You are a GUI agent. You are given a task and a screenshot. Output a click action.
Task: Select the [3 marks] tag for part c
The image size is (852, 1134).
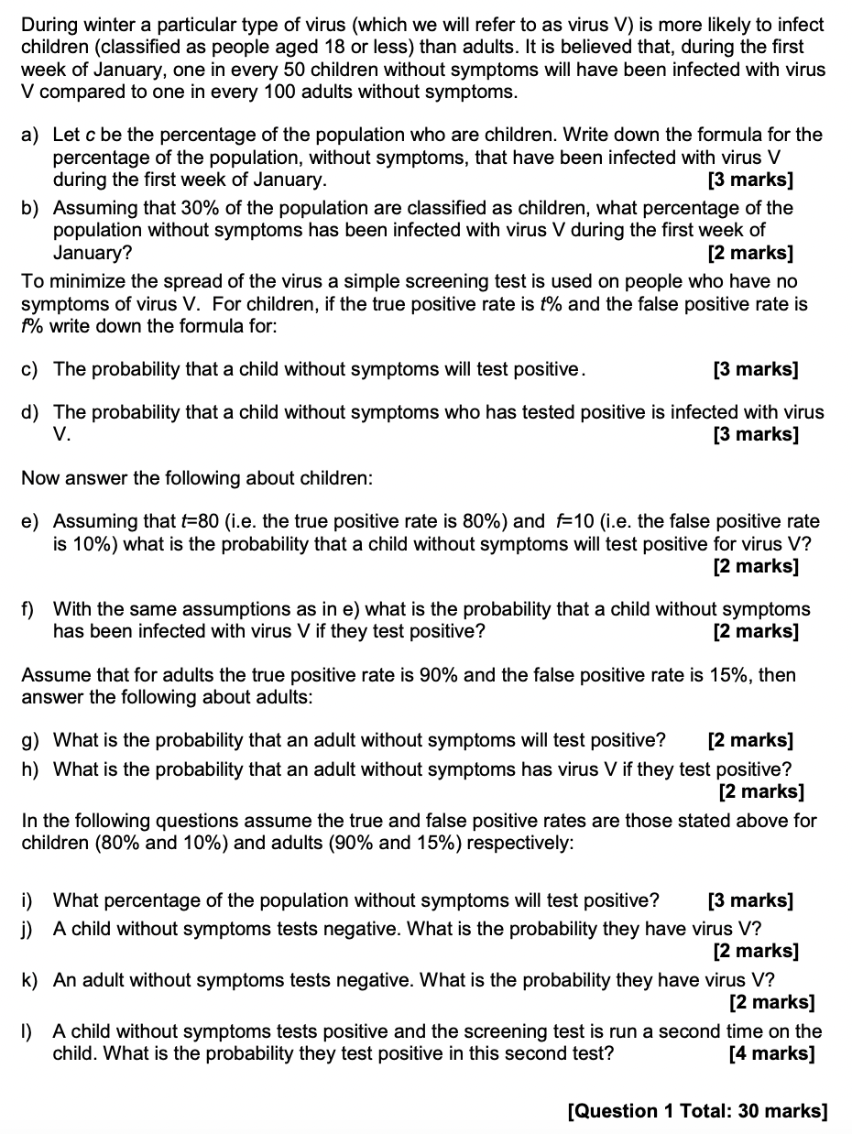(x=755, y=369)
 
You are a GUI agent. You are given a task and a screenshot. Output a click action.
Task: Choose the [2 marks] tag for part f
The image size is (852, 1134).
(x=755, y=631)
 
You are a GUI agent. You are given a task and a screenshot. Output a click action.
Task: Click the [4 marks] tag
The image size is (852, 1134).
(x=771, y=1053)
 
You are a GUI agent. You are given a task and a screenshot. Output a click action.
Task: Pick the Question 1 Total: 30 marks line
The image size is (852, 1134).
(x=697, y=1111)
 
